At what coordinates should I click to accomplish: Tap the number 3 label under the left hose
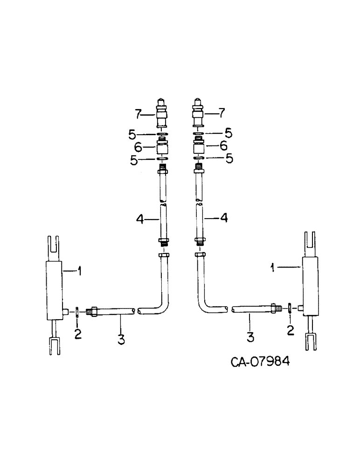point(121,340)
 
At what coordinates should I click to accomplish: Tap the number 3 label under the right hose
point(250,337)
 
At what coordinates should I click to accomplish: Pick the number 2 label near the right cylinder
point(290,330)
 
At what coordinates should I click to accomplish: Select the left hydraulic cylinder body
point(55,290)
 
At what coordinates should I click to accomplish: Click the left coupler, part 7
point(161,115)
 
